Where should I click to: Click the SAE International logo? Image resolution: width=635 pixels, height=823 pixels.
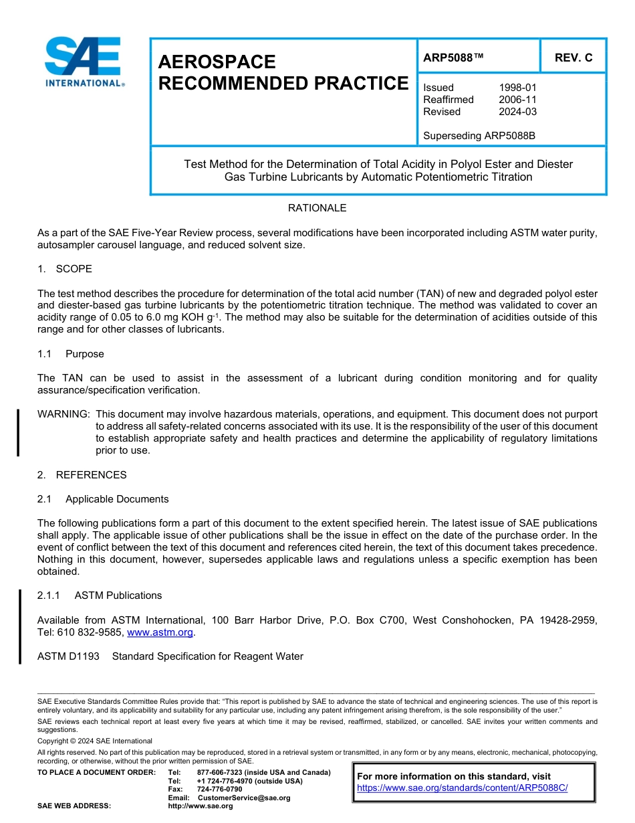[84, 62]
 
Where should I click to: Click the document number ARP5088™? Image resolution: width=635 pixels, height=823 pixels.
[453, 58]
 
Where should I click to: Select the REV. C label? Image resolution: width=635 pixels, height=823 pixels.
[573, 58]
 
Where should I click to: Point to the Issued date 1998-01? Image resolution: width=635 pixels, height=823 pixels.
[517, 88]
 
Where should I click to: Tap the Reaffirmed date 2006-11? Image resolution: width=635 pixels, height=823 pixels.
[517, 100]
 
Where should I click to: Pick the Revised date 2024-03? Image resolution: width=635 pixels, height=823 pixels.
[517, 112]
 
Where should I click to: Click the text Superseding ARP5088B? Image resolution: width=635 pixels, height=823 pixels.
[479, 136]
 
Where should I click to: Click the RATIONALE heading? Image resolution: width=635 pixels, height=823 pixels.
[317, 208]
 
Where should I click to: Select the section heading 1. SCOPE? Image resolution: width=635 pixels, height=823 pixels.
[65, 269]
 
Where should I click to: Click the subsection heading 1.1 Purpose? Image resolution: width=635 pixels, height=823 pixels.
[71, 354]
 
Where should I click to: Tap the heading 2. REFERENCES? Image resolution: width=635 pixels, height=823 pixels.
[82, 475]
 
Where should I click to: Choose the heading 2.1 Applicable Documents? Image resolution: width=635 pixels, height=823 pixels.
[103, 499]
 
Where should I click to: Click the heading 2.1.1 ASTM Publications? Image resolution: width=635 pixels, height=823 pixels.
[100, 596]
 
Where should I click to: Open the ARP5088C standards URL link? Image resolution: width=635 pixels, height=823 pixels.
[462, 788]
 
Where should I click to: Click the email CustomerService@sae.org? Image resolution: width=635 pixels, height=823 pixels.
[244, 798]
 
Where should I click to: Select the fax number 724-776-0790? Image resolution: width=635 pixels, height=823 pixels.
[219, 790]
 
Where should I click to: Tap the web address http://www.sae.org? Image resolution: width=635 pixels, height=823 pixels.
[200, 806]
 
